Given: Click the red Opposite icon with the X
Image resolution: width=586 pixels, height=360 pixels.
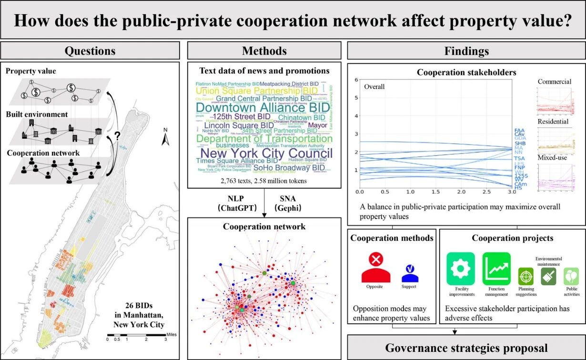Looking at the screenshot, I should [376, 267].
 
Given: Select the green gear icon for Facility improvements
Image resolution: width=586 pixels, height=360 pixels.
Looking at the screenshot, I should [461, 269].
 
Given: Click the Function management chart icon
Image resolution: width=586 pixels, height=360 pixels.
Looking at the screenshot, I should [496, 269].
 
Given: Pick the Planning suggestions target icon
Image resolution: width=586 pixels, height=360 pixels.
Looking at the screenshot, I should [526, 276].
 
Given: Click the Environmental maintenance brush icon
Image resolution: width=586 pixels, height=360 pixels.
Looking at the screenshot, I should [548, 276].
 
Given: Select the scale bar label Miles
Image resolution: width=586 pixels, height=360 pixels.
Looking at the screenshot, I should [172, 335].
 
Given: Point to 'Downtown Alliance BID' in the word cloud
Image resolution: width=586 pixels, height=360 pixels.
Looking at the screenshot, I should [263, 107].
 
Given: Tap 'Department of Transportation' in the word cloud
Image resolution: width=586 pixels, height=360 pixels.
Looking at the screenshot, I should [264, 139].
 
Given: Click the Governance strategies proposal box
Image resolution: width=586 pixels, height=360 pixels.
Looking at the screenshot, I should [466, 348].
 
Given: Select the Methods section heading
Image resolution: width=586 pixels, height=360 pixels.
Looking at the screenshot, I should [264, 50].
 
